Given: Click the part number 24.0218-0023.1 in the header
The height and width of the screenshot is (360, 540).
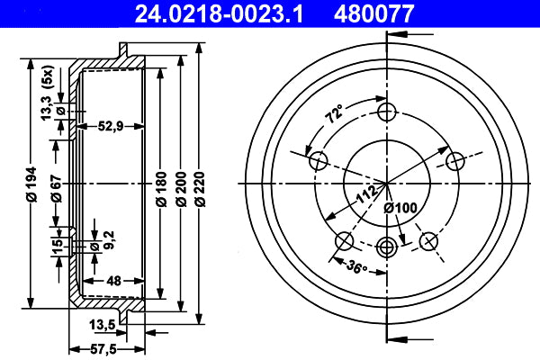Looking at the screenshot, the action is (x=219, y=13).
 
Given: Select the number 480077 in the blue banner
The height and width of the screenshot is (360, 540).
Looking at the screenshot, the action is (x=373, y=13).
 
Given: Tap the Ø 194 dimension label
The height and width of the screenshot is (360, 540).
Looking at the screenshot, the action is (x=31, y=184).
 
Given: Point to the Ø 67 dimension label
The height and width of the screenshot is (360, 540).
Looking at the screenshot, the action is (x=57, y=188).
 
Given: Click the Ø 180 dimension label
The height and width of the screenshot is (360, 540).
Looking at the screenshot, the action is (x=161, y=189).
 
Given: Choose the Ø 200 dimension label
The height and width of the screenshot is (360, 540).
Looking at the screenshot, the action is (x=181, y=189).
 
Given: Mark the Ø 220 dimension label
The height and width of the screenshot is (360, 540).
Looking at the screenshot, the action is (x=200, y=189).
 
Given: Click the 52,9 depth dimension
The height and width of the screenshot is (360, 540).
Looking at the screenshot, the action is (x=111, y=126).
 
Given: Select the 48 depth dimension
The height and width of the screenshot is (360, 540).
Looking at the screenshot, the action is (x=113, y=281).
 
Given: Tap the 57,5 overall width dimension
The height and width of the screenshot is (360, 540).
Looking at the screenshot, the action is (x=103, y=350).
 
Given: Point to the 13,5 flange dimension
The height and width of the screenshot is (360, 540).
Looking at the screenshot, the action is (x=103, y=325).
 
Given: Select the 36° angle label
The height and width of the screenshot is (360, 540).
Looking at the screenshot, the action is (x=356, y=266).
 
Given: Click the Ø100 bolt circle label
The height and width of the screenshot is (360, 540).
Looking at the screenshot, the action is (x=400, y=208).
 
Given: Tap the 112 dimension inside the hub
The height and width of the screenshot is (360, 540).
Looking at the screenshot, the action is (x=366, y=194).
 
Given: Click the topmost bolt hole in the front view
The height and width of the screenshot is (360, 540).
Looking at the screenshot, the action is (x=387, y=112).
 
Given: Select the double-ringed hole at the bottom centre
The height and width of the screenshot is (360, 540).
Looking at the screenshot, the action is (x=387, y=247).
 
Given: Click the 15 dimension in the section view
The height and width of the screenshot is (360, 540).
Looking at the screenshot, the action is (x=58, y=244).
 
